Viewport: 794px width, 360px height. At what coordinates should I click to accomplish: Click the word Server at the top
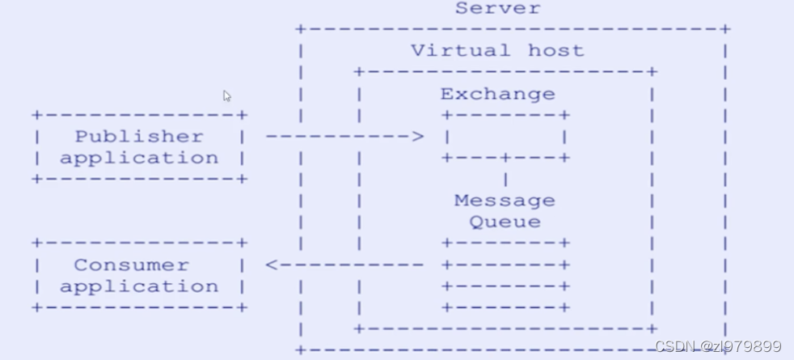(497, 9)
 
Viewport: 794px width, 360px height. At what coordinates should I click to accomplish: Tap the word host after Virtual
(555, 50)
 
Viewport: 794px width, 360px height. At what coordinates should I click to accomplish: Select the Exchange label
(497, 94)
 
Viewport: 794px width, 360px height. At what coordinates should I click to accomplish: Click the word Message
(505, 200)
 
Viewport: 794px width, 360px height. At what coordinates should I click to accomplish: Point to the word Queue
(505, 221)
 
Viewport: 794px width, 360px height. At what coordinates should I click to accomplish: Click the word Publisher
(139, 136)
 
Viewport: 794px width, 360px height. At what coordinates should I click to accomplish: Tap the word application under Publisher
(139, 158)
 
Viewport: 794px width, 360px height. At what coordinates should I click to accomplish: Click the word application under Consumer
(139, 286)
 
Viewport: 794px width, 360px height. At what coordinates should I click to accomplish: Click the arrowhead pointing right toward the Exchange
(417, 137)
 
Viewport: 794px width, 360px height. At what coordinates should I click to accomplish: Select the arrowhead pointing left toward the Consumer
(272, 265)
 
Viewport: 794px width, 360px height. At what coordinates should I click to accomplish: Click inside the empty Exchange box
(505, 137)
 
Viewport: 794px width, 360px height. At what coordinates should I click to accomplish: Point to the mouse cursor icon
(227, 96)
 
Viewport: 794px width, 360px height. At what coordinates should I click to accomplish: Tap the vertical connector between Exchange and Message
(506, 179)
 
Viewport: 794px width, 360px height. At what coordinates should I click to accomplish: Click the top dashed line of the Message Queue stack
(505, 243)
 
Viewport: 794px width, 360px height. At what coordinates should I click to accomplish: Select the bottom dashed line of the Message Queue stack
(505, 307)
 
